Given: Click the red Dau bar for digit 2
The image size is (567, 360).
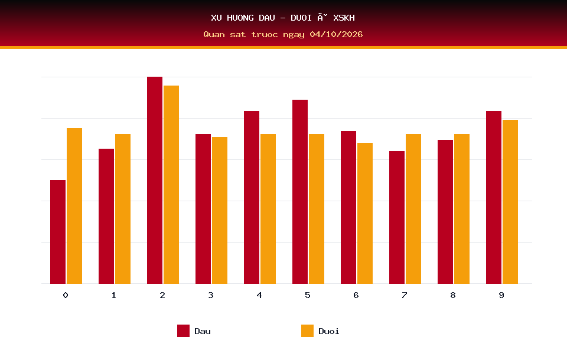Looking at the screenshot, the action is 155,180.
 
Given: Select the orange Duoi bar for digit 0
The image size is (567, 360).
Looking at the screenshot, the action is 74,205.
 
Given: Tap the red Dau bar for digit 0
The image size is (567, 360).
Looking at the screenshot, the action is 58,232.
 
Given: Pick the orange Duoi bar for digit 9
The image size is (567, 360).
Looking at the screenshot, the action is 510,202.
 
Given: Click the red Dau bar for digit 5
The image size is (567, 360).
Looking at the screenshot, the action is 300,192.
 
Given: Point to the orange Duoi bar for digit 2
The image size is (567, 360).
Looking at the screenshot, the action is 171,185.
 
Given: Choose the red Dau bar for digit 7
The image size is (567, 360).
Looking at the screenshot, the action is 397,217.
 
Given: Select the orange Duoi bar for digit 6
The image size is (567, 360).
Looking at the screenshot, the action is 365,213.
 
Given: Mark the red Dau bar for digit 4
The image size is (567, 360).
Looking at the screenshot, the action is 252,197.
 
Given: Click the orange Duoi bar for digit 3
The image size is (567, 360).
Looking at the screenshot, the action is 220,210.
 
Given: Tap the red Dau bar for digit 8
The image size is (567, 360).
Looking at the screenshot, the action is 445,212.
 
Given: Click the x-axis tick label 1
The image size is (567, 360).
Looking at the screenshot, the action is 114,295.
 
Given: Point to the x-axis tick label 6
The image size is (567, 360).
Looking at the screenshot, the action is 356,295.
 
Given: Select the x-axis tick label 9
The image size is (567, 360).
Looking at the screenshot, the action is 501,295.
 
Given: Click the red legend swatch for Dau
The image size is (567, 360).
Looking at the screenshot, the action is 183,330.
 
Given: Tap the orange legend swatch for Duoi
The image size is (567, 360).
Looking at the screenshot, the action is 307,330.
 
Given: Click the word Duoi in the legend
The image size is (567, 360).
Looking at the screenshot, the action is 329,331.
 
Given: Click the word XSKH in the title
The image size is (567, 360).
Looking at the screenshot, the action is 344,18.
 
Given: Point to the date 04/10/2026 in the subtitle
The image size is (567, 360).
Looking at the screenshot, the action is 336,34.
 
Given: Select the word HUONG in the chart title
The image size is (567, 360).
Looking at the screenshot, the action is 240,18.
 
